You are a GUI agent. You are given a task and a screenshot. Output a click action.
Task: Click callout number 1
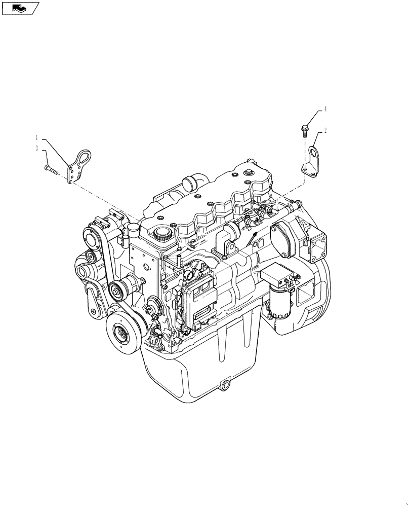(x=37, y=137)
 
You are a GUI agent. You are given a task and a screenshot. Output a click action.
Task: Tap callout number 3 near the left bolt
(x=37, y=148)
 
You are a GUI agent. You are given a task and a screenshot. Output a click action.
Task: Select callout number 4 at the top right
(x=325, y=109)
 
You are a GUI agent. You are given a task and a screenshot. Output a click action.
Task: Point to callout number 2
(x=325, y=130)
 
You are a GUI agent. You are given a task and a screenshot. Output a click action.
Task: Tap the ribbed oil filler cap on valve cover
(x=162, y=234)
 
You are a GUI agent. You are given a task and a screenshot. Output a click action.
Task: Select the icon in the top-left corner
(x=19, y=8)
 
